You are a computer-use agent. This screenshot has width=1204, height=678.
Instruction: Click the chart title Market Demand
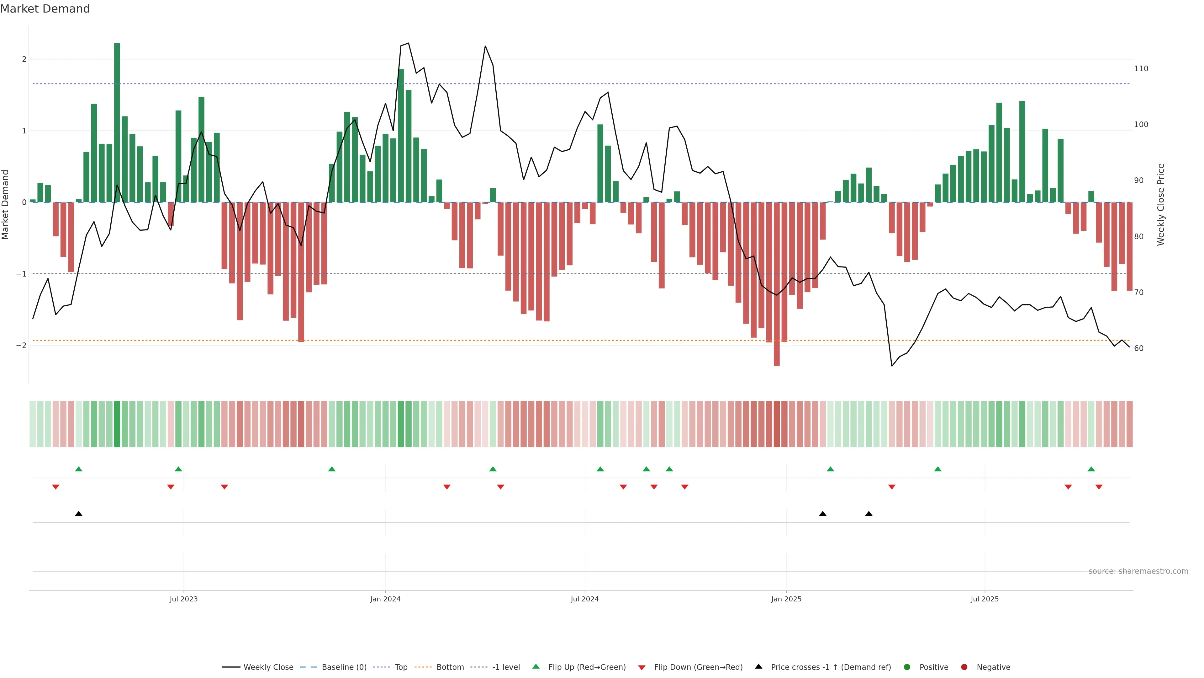[45, 9]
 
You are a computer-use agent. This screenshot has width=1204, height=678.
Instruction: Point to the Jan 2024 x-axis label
[385, 599]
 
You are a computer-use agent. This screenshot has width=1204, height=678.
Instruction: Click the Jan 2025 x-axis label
[786, 599]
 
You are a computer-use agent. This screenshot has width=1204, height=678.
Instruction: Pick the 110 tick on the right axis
[1141, 69]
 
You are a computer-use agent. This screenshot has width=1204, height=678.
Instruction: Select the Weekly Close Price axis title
[1161, 204]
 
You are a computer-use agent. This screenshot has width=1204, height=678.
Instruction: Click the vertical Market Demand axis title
[6, 204]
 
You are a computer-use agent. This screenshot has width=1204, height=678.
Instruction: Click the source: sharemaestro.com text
[1138, 571]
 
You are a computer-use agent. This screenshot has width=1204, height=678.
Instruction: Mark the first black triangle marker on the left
[78, 514]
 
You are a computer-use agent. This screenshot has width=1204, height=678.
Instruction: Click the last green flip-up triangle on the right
[1091, 469]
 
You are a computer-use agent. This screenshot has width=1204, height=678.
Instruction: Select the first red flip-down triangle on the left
[55, 487]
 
